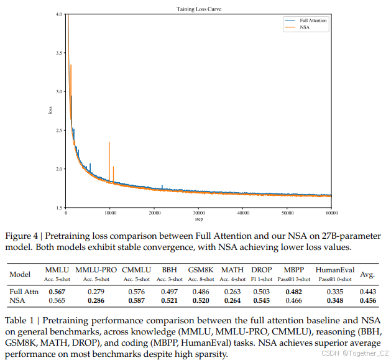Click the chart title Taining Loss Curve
click(198, 9)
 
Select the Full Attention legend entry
click(313, 21)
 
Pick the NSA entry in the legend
click(305, 27)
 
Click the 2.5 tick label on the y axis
click(58, 130)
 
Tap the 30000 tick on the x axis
click(198, 213)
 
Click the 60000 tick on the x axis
click(331, 213)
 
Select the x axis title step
click(198, 219)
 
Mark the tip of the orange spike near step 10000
click(109, 142)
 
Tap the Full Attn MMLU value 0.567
click(57, 292)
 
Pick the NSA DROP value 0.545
click(261, 302)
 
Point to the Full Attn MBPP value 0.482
click(294, 292)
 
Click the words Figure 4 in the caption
click(22, 237)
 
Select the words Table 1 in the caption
click(21, 321)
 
